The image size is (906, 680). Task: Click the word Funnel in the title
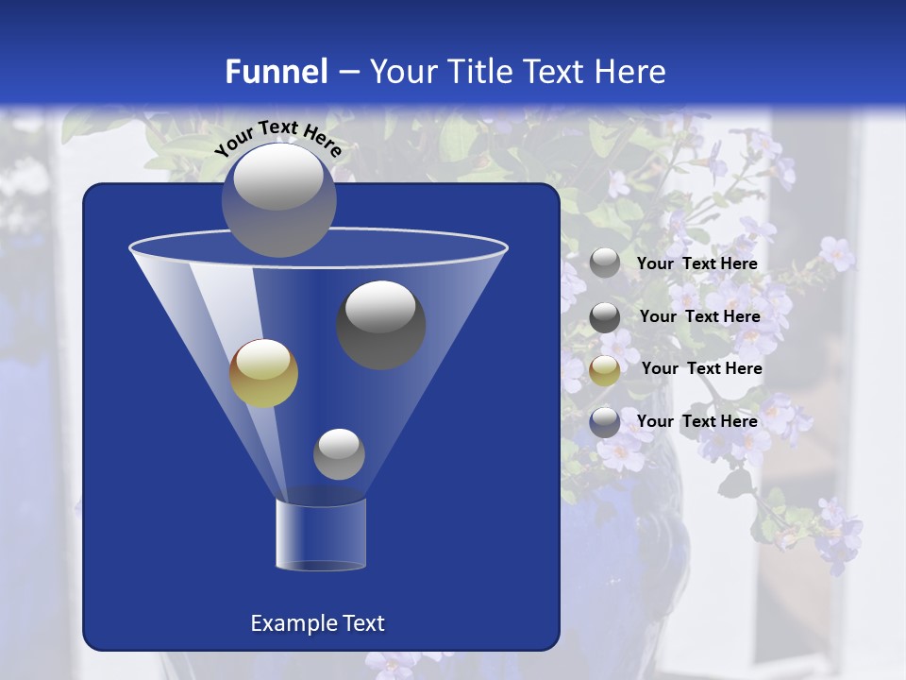(x=276, y=72)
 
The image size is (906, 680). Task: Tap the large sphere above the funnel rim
(x=278, y=199)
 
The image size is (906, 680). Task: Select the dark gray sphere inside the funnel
(x=380, y=324)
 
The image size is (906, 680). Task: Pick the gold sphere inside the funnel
(x=263, y=373)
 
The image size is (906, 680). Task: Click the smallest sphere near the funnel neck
(x=339, y=453)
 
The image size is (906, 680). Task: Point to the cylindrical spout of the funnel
(x=321, y=535)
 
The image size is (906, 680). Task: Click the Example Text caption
(x=317, y=623)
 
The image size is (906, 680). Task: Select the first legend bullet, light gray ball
(x=605, y=263)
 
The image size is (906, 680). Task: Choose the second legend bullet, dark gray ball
(x=605, y=317)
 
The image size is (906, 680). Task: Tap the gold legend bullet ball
(x=605, y=370)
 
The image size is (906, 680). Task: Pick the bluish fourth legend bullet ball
(x=605, y=422)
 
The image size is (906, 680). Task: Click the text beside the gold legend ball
(x=701, y=368)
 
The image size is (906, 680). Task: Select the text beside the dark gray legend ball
(x=699, y=316)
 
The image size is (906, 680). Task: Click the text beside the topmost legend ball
(x=696, y=263)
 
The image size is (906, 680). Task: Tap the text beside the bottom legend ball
(x=696, y=421)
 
